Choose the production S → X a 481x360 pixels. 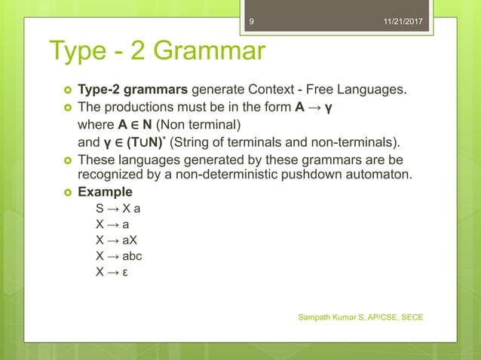[x=118, y=209]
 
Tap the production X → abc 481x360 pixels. [x=119, y=256]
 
